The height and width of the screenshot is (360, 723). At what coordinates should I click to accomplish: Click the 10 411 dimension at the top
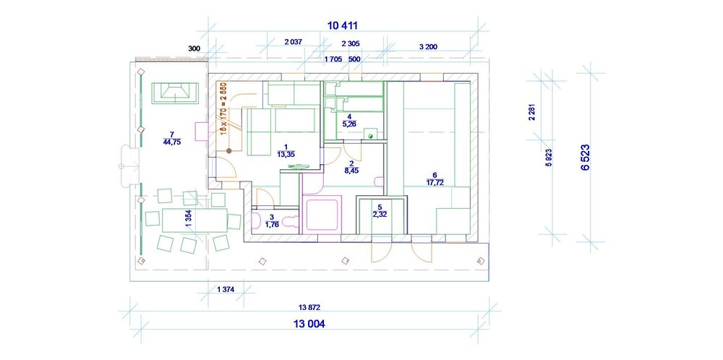(x=343, y=26)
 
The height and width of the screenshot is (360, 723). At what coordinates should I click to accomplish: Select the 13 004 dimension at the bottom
(x=309, y=324)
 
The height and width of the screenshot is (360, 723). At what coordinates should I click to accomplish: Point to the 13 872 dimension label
(x=309, y=307)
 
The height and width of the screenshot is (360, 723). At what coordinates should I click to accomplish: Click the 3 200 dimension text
(x=428, y=46)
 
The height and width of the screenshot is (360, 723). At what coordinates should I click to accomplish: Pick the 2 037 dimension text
(x=294, y=42)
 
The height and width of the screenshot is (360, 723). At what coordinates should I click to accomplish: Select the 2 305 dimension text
(x=351, y=44)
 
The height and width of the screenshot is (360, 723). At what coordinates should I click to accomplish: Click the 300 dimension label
(x=194, y=48)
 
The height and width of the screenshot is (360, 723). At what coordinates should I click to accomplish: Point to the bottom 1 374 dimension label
(x=226, y=289)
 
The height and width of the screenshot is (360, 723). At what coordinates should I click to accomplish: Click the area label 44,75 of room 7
(x=172, y=142)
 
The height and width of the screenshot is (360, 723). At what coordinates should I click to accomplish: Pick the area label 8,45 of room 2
(x=351, y=171)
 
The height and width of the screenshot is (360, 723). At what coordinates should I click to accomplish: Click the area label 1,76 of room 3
(x=272, y=225)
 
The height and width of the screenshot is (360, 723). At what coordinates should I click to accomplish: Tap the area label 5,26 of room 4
(x=349, y=124)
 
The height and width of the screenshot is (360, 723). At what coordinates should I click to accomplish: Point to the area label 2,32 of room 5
(x=380, y=214)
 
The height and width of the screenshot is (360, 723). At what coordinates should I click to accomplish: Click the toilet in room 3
(x=290, y=222)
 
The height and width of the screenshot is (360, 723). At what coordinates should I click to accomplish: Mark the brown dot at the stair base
(x=228, y=150)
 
